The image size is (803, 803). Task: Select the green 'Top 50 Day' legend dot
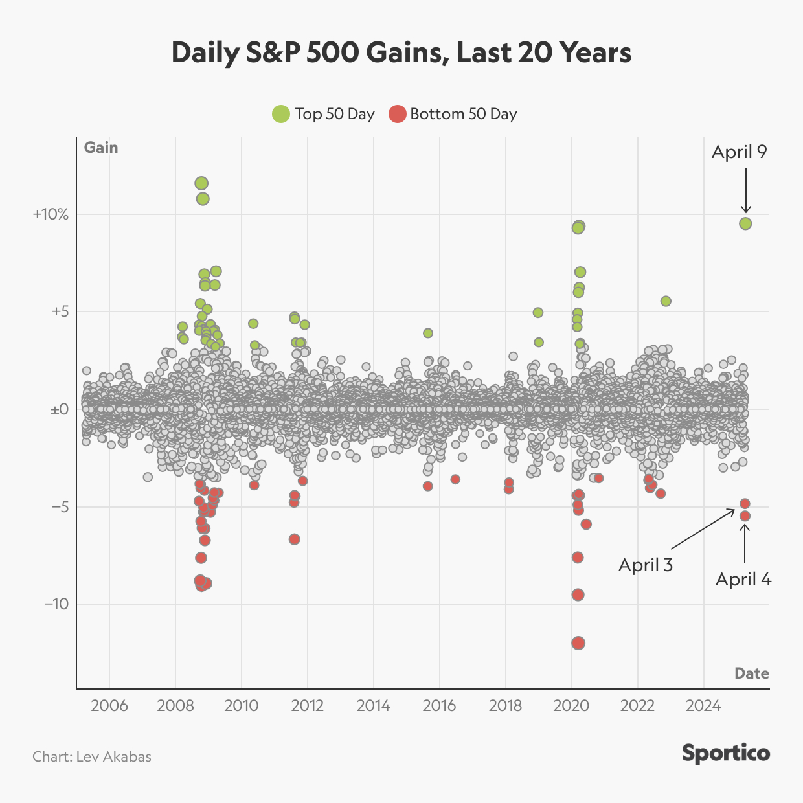pyautogui.click(x=281, y=114)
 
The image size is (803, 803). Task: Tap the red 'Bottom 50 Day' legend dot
pyautogui.click(x=397, y=114)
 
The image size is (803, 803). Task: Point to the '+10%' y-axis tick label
pyautogui.click(x=51, y=214)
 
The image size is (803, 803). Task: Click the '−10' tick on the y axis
pyautogui.click(x=56, y=604)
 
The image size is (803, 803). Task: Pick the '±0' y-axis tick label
pyautogui.click(x=60, y=409)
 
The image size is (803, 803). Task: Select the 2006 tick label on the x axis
pyautogui.click(x=109, y=705)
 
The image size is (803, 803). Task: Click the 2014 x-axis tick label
pyautogui.click(x=373, y=705)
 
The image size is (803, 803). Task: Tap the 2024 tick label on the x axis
pyautogui.click(x=703, y=705)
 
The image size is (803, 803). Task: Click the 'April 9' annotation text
pyautogui.click(x=739, y=152)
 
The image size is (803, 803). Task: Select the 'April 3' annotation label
pyautogui.click(x=646, y=565)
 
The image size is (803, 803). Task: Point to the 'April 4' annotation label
pyautogui.click(x=743, y=579)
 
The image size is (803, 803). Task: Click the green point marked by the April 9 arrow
pyautogui.click(x=745, y=223)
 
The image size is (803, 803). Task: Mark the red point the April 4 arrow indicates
pyautogui.click(x=745, y=516)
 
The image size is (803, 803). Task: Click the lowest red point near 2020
pyautogui.click(x=578, y=643)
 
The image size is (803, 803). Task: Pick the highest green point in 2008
pyautogui.click(x=201, y=183)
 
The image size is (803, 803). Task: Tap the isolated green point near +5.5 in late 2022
pyautogui.click(x=666, y=301)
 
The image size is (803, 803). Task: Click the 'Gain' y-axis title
pyautogui.click(x=101, y=148)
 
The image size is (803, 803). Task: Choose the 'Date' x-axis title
pyautogui.click(x=751, y=673)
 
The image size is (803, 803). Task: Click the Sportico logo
pyautogui.click(x=725, y=753)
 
